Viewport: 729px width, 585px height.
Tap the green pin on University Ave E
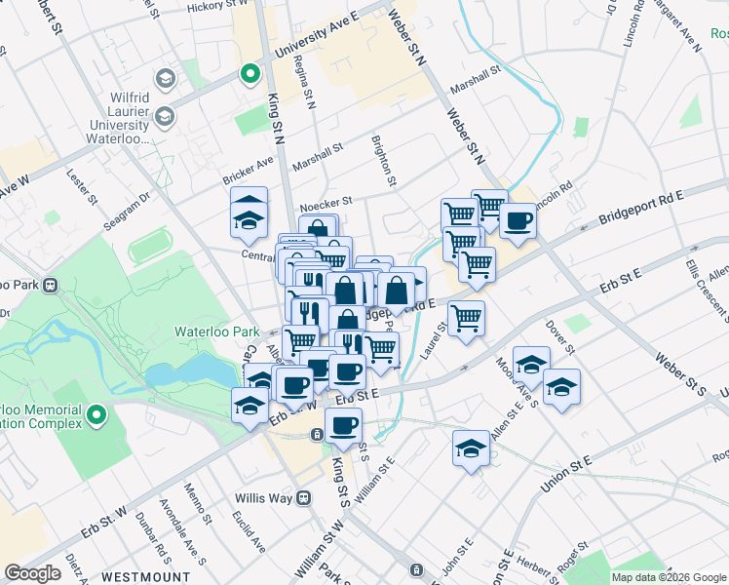(250, 72)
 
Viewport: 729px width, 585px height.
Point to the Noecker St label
(325, 204)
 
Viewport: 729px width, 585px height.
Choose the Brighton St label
(384, 161)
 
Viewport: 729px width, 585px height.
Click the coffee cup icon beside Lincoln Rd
(518, 220)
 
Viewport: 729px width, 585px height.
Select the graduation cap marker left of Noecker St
(249, 213)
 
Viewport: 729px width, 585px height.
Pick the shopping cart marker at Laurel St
(467, 317)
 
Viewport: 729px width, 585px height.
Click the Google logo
(32, 573)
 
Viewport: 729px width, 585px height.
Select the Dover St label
(562, 338)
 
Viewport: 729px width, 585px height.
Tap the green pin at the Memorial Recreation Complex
(96, 416)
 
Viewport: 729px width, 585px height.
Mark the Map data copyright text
(668, 577)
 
